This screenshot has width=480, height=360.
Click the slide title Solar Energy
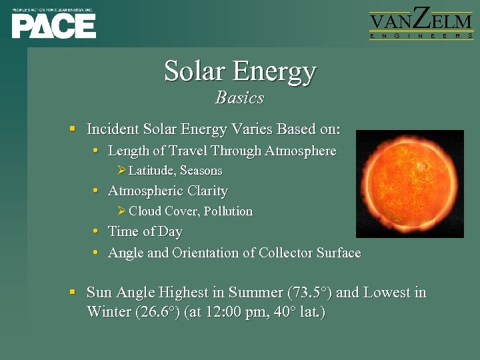click(x=240, y=71)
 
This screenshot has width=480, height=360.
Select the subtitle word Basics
click(x=240, y=98)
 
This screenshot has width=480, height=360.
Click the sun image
click(x=409, y=184)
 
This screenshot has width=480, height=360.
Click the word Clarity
click(x=207, y=191)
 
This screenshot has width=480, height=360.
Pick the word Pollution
click(x=228, y=211)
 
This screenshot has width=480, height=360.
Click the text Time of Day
click(x=145, y=232)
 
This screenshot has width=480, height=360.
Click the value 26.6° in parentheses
click(x=157, y=311)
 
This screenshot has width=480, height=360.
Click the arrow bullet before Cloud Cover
click(x=121, y=211)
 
